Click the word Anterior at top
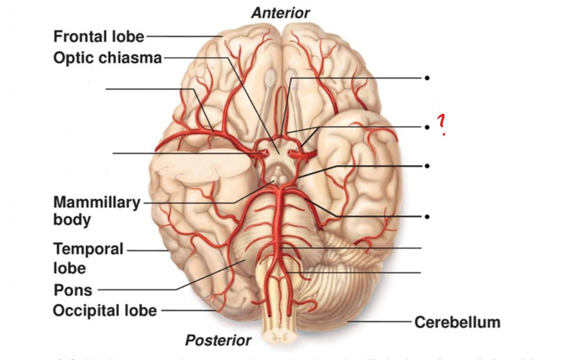tap(280, 13)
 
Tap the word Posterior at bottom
tap(218, 340)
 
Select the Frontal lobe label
tap(99, 37)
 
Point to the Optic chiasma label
tap(107, 58)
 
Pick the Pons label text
tap(73, 290)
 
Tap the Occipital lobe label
tap(104, 311)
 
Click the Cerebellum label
tap(457, 322)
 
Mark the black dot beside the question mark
tap(427, 127)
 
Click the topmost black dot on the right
tap(427, 78)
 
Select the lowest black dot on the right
tap(427, 217)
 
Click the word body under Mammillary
tap(72, 220)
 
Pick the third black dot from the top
tap(427, 166)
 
